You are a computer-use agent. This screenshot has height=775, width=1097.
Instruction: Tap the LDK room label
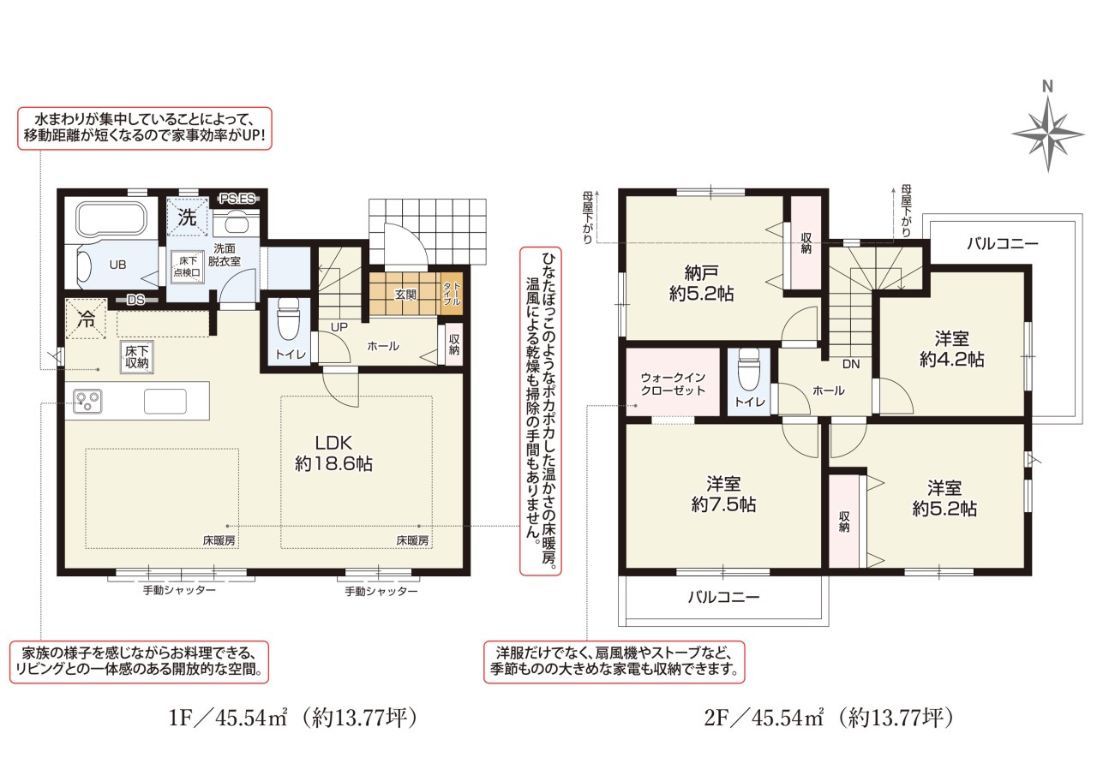click(x=333, y=453)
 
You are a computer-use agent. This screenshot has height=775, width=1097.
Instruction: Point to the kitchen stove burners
click(x=87, y=401)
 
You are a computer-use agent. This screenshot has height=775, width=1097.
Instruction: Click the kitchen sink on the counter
click(x=165, y=401)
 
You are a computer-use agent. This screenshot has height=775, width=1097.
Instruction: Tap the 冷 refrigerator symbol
click(x=87, y=319)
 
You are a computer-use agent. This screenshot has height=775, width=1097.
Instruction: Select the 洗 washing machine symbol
click(x=187, y=217)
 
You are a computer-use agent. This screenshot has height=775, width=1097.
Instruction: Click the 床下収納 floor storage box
click(x=137, y=357)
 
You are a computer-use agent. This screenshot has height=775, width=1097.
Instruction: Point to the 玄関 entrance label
click(x=405, y=295)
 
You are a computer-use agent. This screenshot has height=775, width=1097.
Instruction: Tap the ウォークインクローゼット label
click(x=673, y=384)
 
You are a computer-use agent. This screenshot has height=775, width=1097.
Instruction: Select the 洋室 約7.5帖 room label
click(x=723, y=493)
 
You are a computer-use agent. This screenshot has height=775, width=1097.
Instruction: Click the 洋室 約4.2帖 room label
click(x=951, y=349)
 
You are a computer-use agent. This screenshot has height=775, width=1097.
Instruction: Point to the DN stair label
click(x=851, y=364)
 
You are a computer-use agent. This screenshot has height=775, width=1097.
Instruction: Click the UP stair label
click(x=339, y=327)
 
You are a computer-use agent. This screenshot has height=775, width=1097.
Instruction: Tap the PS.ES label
click(x=237, y=199)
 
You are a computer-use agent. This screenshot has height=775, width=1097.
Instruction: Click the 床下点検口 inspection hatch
click(x=187, y=267)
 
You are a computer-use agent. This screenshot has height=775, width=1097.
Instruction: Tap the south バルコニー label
click(x=723, y=596)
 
